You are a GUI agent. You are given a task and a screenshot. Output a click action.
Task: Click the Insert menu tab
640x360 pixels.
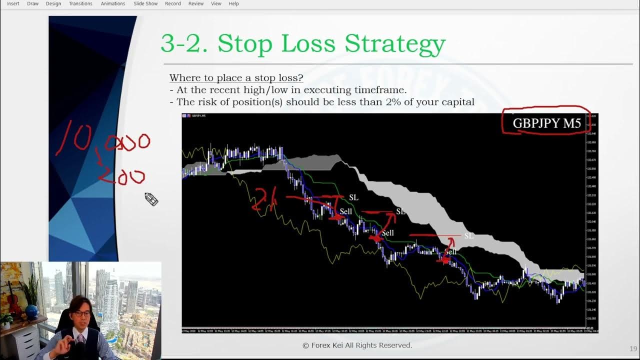coord(13,3)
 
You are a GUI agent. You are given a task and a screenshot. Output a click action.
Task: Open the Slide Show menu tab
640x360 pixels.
coord(145,3)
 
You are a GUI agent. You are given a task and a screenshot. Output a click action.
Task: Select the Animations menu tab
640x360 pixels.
coord(113,3)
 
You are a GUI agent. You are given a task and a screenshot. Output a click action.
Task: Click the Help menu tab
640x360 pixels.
coord(233,3)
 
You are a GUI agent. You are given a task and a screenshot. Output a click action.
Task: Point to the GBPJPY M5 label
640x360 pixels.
coord(546,123)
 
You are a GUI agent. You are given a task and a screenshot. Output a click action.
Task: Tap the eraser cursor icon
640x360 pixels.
coord(151,199)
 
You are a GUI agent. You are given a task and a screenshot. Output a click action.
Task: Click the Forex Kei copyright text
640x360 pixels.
coord(357,345)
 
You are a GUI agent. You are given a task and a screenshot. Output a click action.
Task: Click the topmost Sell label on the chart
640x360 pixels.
coord(345,211)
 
